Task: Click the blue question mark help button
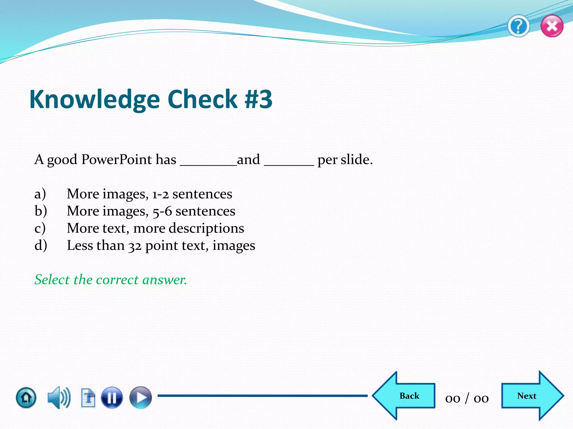518,27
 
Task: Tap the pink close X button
552,26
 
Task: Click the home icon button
26,397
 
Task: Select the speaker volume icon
59,397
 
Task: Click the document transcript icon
88,397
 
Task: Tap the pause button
112,397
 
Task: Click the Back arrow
404,396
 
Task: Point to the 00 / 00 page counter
467,398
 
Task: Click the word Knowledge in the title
95,100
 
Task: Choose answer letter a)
40,194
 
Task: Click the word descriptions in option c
206,228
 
